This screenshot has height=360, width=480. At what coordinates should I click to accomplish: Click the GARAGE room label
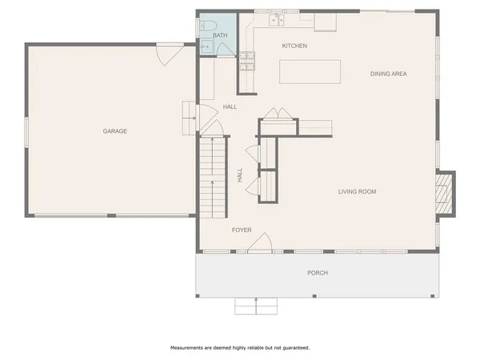click(x=114, y=131)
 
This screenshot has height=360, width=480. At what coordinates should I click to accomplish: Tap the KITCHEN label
click(x=294, y=46)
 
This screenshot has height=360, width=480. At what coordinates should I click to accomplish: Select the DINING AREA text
click(x=389, y=74)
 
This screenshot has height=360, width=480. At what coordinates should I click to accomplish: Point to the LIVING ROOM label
click(x=357, y=191)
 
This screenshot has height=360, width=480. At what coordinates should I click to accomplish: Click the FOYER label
click(x=242, y=230)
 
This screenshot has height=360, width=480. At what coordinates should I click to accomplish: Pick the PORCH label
click(x=318, y=273)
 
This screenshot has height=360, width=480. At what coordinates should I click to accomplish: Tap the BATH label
click(x=220, y=35)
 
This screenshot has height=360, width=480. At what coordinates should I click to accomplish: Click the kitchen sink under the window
click(x=278, y=18)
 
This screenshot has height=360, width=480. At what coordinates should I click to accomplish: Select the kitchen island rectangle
click(x=309, y=71)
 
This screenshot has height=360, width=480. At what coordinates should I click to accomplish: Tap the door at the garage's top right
click(x=169, y=55)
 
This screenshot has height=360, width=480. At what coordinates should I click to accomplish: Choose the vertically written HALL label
click(x=240, y=175)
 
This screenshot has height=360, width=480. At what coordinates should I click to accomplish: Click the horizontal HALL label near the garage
click(x=230, y=106)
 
